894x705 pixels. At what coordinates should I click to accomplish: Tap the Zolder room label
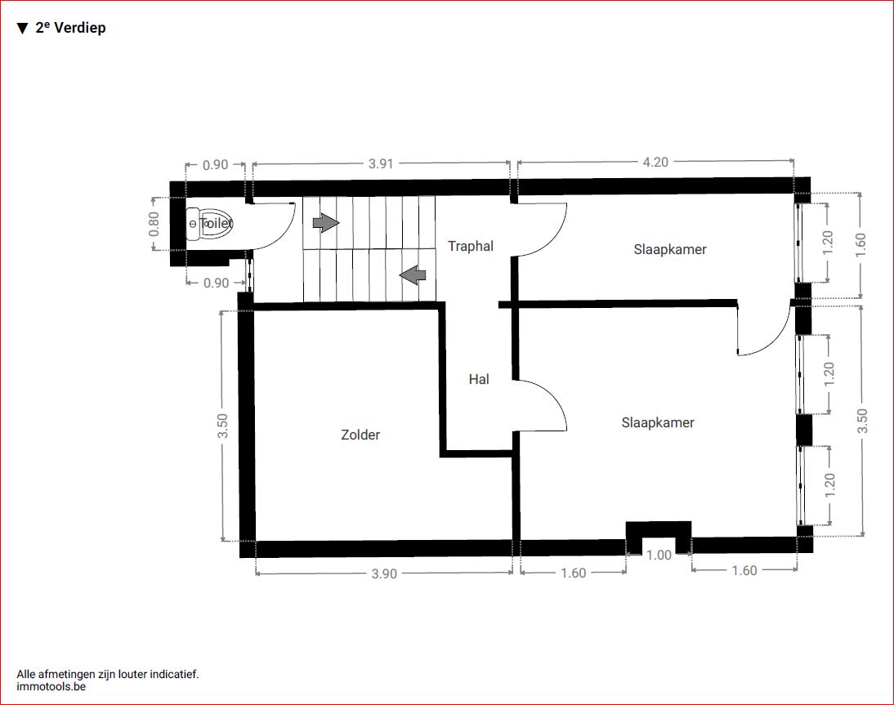(360, 435)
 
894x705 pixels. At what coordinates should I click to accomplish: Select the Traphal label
(471, 246)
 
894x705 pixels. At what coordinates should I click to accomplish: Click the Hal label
(479, 380)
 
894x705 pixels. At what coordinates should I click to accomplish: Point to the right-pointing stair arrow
(325, 222)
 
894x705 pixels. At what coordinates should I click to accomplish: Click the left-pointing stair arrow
(412, 274)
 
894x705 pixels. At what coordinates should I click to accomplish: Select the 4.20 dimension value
(655, 163)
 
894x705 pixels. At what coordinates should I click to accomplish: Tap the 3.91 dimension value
(381, 163)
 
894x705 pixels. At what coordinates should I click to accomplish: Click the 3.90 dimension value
(384, 574)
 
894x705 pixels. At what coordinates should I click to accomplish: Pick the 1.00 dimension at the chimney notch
(659, 556)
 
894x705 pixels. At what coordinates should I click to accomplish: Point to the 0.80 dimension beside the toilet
(154, 224)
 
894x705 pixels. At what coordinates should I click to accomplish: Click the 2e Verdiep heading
(71, 27)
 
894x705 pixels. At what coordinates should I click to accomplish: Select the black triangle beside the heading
(22, 29)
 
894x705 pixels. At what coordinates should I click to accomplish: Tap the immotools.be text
(51, 686)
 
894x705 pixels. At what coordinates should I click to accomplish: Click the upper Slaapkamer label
(670, 250)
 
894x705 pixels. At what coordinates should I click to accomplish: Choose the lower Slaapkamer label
(658, 423)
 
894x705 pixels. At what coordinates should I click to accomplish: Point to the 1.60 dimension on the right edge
(861, 245)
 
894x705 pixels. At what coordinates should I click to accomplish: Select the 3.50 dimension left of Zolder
(222, 426)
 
